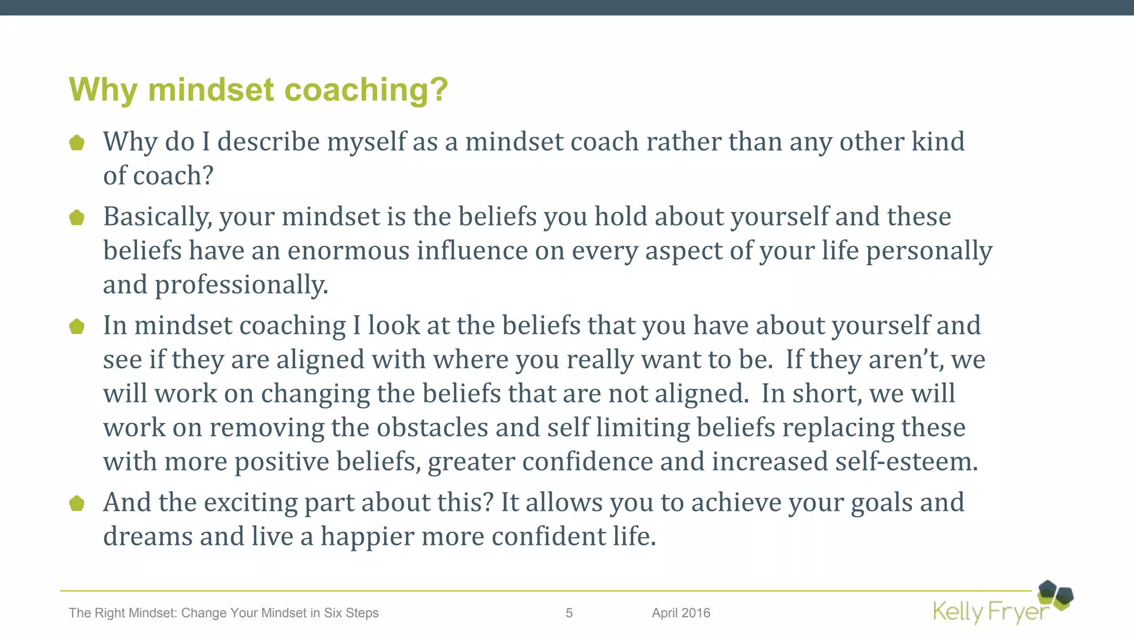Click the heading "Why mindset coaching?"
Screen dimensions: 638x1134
click(x=258, y=90)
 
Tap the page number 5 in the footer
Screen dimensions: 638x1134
click(x=569, y=613)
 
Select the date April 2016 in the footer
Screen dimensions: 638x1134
click(x=681, y=613)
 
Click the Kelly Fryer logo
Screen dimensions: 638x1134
click(x=1002, y=604)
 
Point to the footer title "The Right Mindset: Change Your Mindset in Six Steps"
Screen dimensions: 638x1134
click(x=224, y=613)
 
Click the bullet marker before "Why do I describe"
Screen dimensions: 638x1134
click(x=77, y=143)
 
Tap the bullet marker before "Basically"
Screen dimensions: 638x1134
click(x=77, y=218)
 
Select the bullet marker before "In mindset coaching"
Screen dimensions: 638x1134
click(x=77, y=327)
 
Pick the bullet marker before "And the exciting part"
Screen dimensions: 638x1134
click(x=77, y=503)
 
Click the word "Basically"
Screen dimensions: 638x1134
click(x=157, y=217)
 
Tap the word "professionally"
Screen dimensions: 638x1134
click(x=241, y=285)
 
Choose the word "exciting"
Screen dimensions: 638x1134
click(x=250, y=503)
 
